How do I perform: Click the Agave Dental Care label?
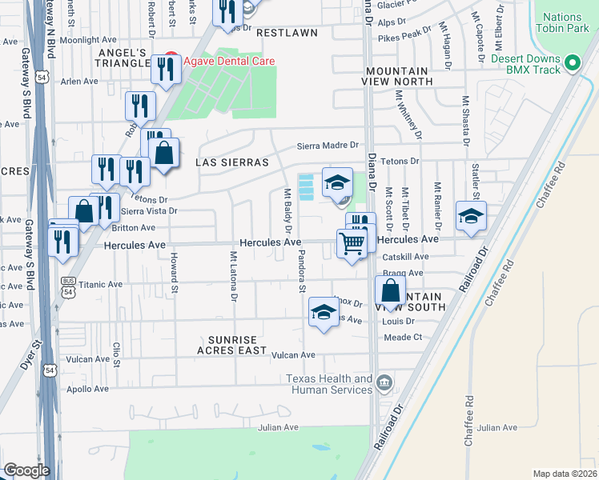coord(229,62)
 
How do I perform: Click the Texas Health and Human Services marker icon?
coord(385,382)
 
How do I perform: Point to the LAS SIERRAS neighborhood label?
coord(231,162)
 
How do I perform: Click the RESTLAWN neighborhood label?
coord(286,34)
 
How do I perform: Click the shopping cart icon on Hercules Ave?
coord(351,244)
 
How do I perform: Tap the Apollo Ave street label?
coord(88,390)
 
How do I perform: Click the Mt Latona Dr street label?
coord(234,277)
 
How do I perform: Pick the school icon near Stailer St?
coord(471,215)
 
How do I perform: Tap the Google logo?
coord(26,470)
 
